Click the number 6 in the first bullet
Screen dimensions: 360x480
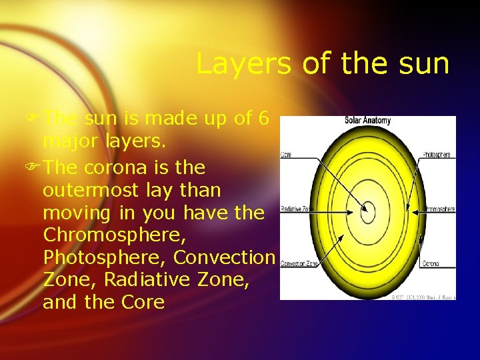click(x=263, y=119)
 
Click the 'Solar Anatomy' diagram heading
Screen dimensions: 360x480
click(x=367, y=121)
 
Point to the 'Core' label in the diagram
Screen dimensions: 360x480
click(x=285, y=155)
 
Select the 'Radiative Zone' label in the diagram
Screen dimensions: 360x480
click(x=296, y=209)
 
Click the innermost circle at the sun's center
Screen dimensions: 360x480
click(x=367, y=213)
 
